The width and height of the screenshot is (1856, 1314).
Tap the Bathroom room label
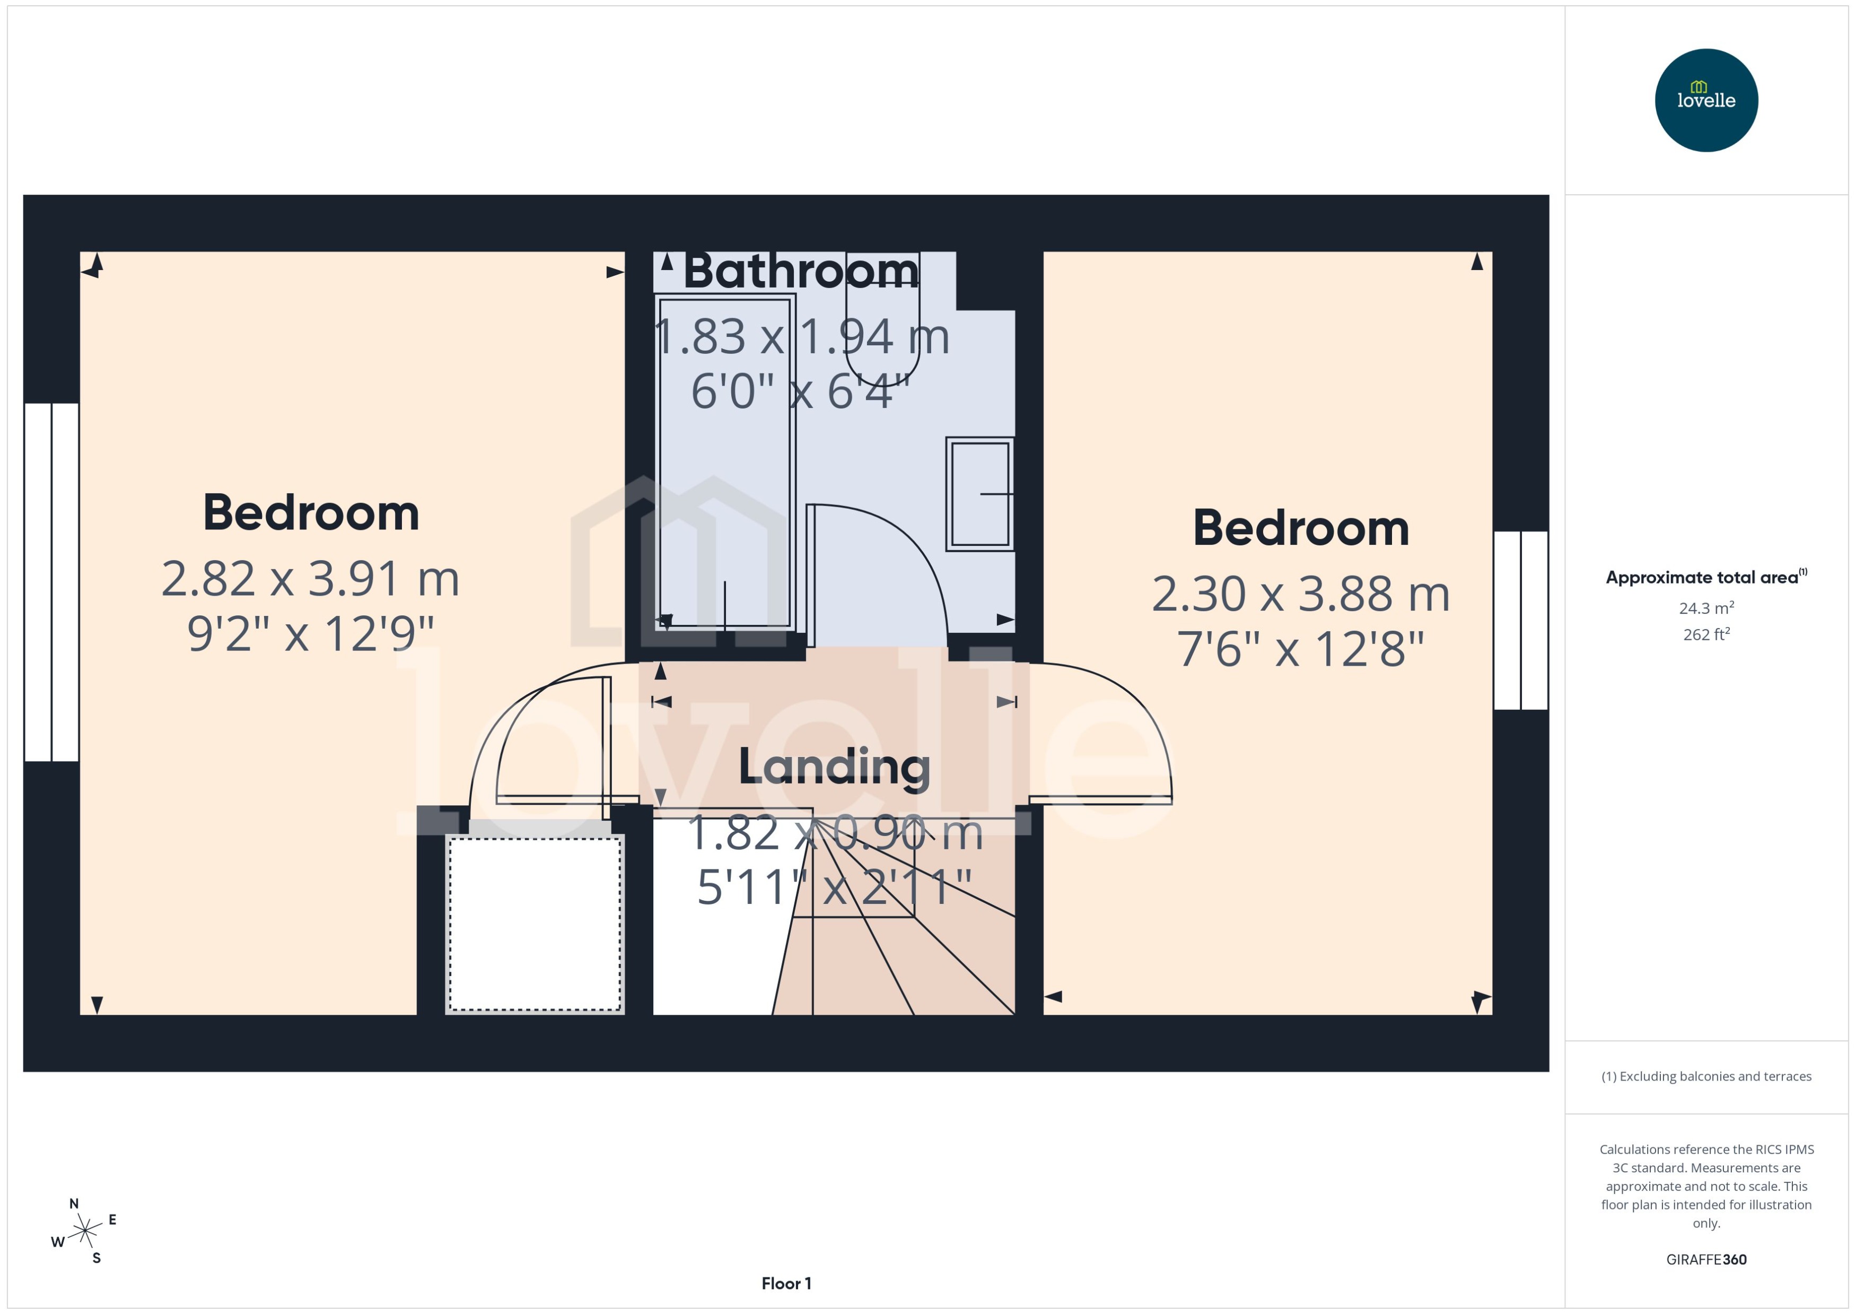801,271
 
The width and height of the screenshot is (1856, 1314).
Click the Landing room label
834,767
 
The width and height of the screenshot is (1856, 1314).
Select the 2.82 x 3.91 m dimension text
311,579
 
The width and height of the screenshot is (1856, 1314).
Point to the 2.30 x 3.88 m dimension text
1300,595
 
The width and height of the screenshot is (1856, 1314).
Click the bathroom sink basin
979,493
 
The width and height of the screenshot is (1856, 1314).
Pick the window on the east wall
1520,621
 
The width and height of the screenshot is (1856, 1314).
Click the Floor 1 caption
786,1283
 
